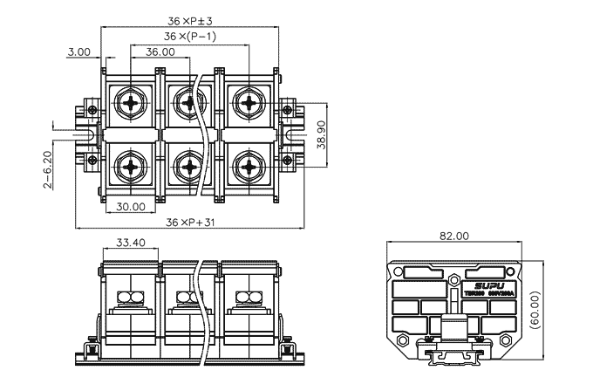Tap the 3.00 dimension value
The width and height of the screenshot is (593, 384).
click(78, 51)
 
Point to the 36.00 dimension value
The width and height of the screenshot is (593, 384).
click(160, 51)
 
